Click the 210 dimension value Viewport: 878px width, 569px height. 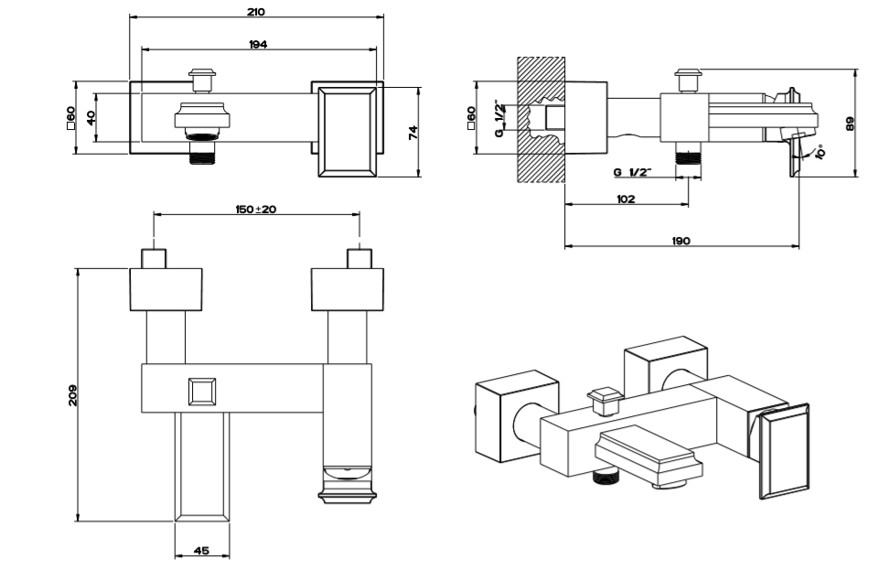click(256, 12)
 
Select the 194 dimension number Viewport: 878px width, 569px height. click(258, 44)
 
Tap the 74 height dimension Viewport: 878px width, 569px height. click(413, 133)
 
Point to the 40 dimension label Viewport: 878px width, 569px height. click(91, 117)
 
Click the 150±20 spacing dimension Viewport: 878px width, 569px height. click(256, 209)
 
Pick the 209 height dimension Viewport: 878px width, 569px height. click(73, 394)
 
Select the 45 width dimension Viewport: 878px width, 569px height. click(202, 551)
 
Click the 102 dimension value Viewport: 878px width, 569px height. click(626, 199)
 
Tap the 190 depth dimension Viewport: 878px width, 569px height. click(680, 241)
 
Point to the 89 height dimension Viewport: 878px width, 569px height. click(850, 123)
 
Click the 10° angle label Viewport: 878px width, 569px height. click(819, 151)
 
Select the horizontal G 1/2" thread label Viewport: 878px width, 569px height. click(633, 172)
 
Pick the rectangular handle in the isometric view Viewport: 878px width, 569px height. click(782, 452)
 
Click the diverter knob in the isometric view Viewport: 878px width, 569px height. click(605, 400)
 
